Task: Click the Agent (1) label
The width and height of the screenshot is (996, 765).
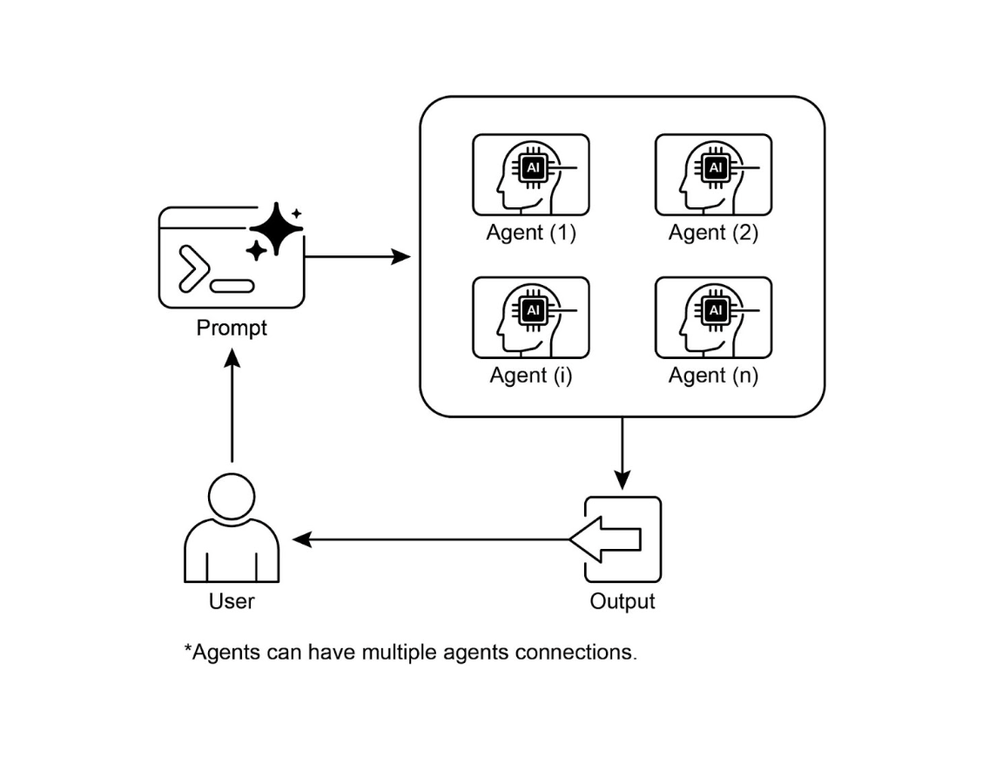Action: [530, 234]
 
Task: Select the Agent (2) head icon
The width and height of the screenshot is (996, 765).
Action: [713, 174]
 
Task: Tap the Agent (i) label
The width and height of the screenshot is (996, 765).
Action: [530, 376]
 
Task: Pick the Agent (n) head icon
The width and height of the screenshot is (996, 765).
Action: [713, 317]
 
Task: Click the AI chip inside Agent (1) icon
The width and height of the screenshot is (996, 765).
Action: [531, 167]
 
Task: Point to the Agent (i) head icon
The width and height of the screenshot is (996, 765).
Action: [530, 317]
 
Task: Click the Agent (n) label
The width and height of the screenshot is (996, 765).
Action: [713, 376]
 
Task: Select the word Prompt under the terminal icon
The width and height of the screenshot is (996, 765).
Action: [232, 328]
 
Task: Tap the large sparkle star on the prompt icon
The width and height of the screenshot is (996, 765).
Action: [276, 227]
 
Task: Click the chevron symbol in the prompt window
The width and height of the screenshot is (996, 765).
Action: [192, 267]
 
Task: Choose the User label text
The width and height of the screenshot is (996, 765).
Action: [232, 601]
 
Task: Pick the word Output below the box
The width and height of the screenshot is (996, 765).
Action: [622, 601]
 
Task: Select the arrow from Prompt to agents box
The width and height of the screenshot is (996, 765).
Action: [357, 257]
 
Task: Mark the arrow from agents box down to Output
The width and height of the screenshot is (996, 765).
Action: [622, 453]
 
